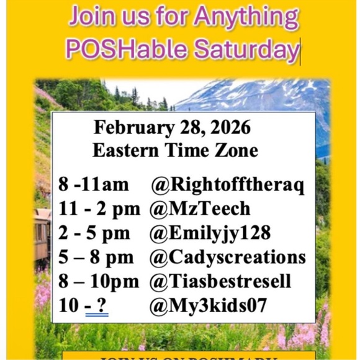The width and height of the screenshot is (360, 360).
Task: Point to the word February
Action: point(130,128)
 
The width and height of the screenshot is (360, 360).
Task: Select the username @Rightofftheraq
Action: point(228,185)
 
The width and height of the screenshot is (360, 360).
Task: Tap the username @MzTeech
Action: point(200,209)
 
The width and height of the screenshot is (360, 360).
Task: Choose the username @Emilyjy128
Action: point(210,233)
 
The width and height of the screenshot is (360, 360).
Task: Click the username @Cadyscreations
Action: point(228,257)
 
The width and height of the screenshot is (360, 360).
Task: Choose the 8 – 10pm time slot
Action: point(99,281)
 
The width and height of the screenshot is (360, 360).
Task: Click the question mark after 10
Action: point(103,305)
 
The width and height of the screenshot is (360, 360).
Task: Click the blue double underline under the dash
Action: point(96,315)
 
